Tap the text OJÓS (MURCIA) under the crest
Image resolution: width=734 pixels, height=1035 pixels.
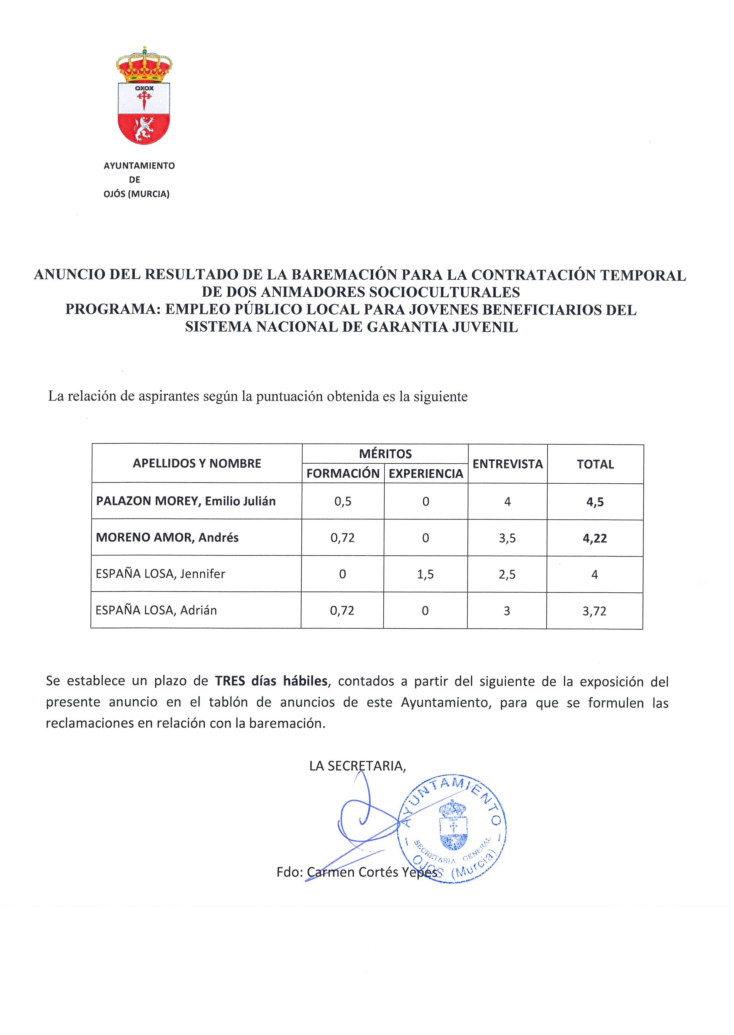coord(137,194)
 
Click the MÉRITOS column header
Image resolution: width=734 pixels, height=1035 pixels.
coord(385,454)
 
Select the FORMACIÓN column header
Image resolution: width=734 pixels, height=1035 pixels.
coord(343,473)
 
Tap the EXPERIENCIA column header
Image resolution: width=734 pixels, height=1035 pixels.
coord(426,473)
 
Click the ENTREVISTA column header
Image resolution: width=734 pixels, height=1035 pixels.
coord(508,464)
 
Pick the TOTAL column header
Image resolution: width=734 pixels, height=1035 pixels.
coord(595,464)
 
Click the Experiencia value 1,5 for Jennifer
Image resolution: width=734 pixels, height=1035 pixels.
coord(425,574)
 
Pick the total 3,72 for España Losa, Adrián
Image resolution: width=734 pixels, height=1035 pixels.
coord(594,611)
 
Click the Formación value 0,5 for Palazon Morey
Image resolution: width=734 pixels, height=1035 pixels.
coord(343,502)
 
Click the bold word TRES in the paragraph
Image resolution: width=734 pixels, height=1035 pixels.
coord(230,681)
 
